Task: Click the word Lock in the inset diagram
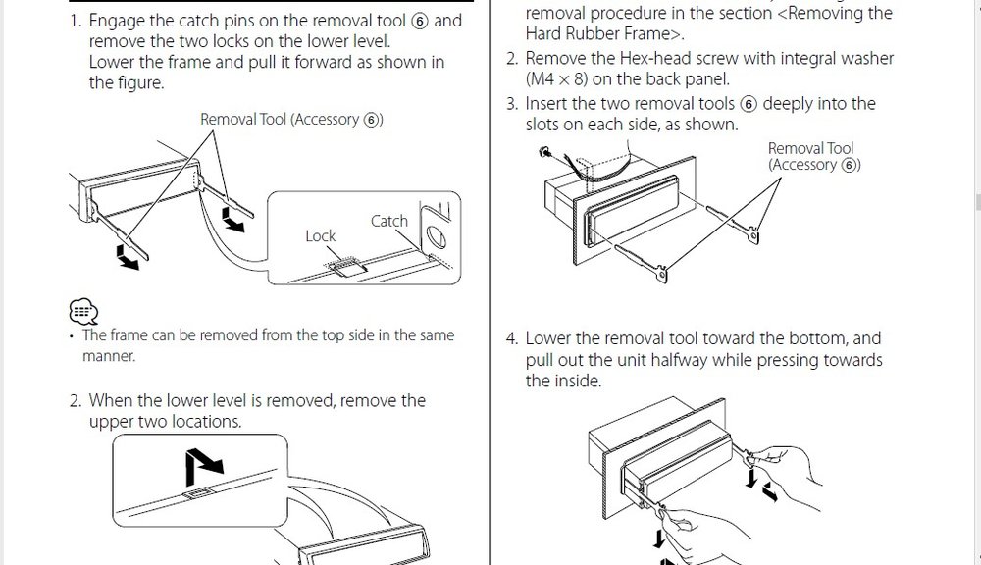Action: pos(321,235)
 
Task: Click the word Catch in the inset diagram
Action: pos(389,221)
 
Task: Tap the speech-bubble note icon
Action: pos(83,311)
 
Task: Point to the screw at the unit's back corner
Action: pos(543,151)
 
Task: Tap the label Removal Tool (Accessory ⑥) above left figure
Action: pos(291,119)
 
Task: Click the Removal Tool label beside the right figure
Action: pos(814,156)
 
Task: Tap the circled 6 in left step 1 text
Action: pos(420,22)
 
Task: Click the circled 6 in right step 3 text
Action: pos(749,104)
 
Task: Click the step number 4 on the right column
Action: pos(511,339)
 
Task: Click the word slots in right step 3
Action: pos(542,125)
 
